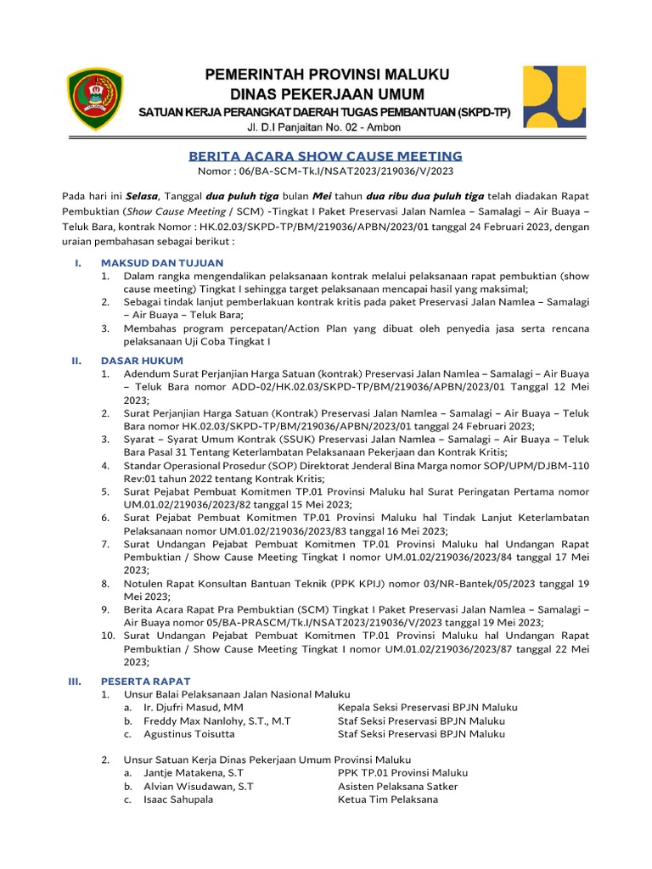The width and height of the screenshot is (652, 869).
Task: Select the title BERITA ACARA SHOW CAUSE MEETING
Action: pos(325,156)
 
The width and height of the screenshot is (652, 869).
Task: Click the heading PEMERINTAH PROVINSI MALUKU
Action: pos(327,74)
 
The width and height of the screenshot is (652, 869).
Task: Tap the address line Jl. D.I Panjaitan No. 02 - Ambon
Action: pos(324,127)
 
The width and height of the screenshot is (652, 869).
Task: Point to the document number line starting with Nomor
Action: pos(325,171)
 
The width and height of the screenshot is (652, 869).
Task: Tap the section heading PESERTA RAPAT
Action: pos(145,681)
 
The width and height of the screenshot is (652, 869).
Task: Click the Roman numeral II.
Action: pos(76,361)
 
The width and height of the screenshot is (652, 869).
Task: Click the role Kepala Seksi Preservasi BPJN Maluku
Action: pos(427,707)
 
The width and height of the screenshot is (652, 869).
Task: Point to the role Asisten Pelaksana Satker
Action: pos(397,787)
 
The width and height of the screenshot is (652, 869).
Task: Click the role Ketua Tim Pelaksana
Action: pos(387,799)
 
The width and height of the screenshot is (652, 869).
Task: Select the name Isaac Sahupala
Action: pos(178,799)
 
